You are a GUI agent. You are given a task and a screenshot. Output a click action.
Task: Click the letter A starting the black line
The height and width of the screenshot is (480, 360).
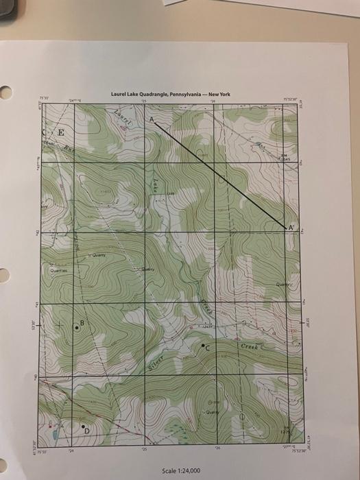[x=152, y=119]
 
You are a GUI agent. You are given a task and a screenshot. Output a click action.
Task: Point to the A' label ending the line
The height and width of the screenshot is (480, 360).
[x=291, y=227]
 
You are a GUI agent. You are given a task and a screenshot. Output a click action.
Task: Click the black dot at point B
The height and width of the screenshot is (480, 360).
[x=77, y=328]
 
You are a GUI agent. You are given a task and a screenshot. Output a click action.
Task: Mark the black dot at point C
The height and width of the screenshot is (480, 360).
[x=203, y=348]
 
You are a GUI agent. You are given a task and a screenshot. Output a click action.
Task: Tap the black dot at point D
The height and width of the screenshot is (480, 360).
[x=84, y=427]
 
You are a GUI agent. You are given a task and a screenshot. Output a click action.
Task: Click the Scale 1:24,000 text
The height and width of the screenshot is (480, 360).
[x=180, y=470]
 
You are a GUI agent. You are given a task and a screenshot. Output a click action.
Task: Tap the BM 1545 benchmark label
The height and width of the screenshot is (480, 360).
[x=285, y=158]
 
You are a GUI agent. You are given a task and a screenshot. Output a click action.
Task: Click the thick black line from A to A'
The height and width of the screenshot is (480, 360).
[x=219, y=172]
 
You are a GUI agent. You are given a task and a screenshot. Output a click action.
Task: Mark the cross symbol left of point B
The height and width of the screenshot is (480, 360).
[x=60, y=323]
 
